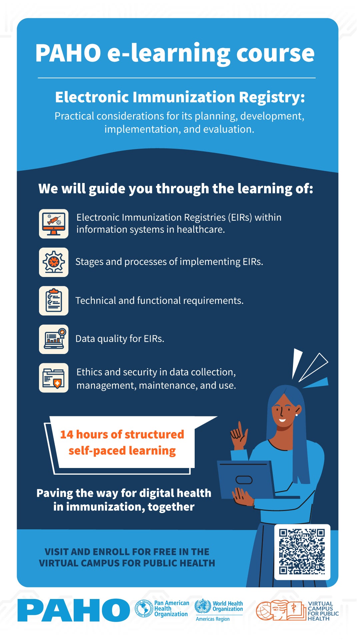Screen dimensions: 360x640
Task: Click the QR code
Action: (x=302, y=552)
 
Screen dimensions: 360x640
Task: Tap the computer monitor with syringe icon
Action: (x=54, y=224)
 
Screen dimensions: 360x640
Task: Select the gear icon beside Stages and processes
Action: (x=54, y=262)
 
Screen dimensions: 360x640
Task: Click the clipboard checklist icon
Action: (x=54, y=301)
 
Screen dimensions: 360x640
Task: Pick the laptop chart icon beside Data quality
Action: (x=54, y=339)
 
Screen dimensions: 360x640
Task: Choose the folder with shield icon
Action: (x=54, y=378)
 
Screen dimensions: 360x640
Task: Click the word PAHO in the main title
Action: (x=68, y=53)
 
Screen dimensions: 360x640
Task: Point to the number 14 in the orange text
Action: (x=67, y=435)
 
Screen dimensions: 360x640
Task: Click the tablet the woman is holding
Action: (x=246, y=480)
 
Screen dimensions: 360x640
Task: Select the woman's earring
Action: (x=296, y=415)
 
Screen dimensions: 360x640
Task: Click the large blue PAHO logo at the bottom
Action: (x=74, y=610)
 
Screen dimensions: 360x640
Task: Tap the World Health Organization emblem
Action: (x=203, y=606)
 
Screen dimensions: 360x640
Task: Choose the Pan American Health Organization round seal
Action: (x=144, y=609)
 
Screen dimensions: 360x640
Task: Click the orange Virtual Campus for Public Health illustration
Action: (x=281, y=610)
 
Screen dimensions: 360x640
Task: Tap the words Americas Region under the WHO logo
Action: (x=213, y=619)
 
